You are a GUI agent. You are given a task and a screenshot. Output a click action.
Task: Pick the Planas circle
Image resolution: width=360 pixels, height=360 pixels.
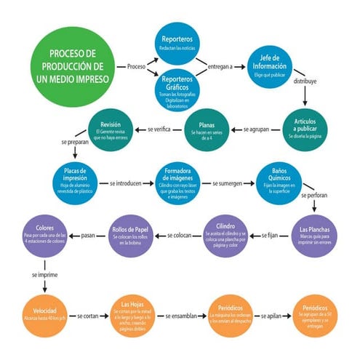coord(208,130)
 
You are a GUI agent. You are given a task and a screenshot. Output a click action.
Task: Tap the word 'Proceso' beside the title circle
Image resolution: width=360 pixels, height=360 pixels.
coord(136,67)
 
